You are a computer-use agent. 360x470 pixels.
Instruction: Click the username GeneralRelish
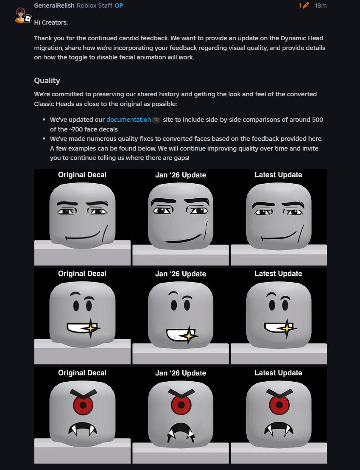(x=54, y=6)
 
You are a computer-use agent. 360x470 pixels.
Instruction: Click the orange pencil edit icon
(x=306, y=6)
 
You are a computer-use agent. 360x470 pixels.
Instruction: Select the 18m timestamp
(x=321, y=6)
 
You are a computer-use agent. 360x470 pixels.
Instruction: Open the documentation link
(x=128, y=120)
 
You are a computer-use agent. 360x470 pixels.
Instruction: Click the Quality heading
(x=47, y=81)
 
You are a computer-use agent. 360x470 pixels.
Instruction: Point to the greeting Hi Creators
(x=51, y=22)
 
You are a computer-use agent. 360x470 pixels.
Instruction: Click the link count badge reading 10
(x=156, y=120)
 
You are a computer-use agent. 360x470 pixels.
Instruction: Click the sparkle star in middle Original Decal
(x=91, y=328)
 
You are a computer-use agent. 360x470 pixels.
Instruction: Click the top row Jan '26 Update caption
(x=181, y=175)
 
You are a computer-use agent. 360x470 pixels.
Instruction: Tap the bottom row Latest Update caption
(x=278, y=373)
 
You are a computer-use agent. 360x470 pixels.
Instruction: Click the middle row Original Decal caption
(x=82, y=274)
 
